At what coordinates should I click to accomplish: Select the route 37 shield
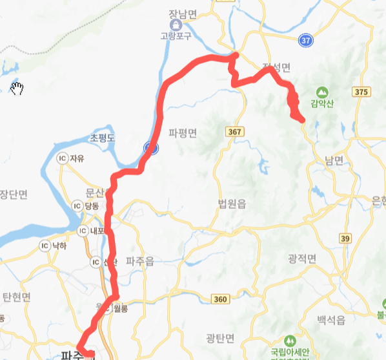point(307,41)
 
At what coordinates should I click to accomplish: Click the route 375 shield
point(361,92)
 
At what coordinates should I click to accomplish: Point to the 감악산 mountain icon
point(322,92)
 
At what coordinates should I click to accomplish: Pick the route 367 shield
point(235,132)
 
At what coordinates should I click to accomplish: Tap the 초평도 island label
point(102,138)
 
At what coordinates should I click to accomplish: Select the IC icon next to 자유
point(63,158)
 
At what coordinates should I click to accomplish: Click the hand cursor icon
point(17,89)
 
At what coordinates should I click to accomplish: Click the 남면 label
point(334,162)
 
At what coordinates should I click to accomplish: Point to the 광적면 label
point(302,259)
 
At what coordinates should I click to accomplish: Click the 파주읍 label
point(140,262)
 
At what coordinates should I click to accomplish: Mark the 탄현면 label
point(16,297)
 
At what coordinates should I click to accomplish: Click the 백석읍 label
point(332,320)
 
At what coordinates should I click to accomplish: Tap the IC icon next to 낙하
point(45,245)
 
